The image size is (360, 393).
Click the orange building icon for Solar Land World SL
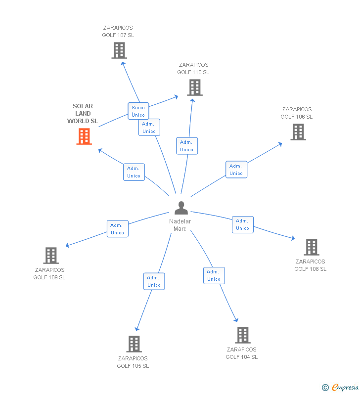84,136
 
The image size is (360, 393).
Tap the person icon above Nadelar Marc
181,208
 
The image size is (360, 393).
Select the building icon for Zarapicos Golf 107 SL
119,50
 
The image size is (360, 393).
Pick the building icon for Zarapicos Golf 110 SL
195,87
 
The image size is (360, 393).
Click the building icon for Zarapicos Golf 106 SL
298,132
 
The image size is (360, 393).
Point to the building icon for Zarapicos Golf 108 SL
311,247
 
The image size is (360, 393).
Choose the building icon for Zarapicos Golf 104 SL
242,335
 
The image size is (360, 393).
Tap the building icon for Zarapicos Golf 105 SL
134,344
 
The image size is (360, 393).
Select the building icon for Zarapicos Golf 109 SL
50,256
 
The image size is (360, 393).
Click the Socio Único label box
138,111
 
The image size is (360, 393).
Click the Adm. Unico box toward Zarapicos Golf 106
236,170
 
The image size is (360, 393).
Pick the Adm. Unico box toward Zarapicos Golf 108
242,224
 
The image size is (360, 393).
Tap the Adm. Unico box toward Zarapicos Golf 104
214,275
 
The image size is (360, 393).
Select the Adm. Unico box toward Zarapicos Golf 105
154,281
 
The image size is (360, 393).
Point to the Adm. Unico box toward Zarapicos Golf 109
117,229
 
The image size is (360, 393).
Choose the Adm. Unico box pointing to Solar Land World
134,172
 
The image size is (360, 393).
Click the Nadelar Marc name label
180,225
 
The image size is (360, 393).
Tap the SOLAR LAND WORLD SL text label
83,114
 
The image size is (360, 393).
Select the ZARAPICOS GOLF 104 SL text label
242,353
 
